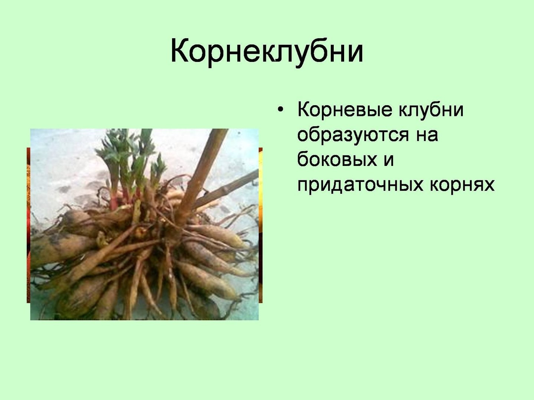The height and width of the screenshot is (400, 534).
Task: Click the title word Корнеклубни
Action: (267, 52)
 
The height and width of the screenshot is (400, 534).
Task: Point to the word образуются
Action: (353, 135)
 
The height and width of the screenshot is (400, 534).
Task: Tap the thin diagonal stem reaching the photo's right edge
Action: (226, 189)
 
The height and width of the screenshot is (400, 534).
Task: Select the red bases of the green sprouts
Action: (123, 198)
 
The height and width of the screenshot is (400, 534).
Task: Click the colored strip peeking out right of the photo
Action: (261, 225)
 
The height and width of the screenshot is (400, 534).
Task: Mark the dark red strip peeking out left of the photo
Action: (29, 225)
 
